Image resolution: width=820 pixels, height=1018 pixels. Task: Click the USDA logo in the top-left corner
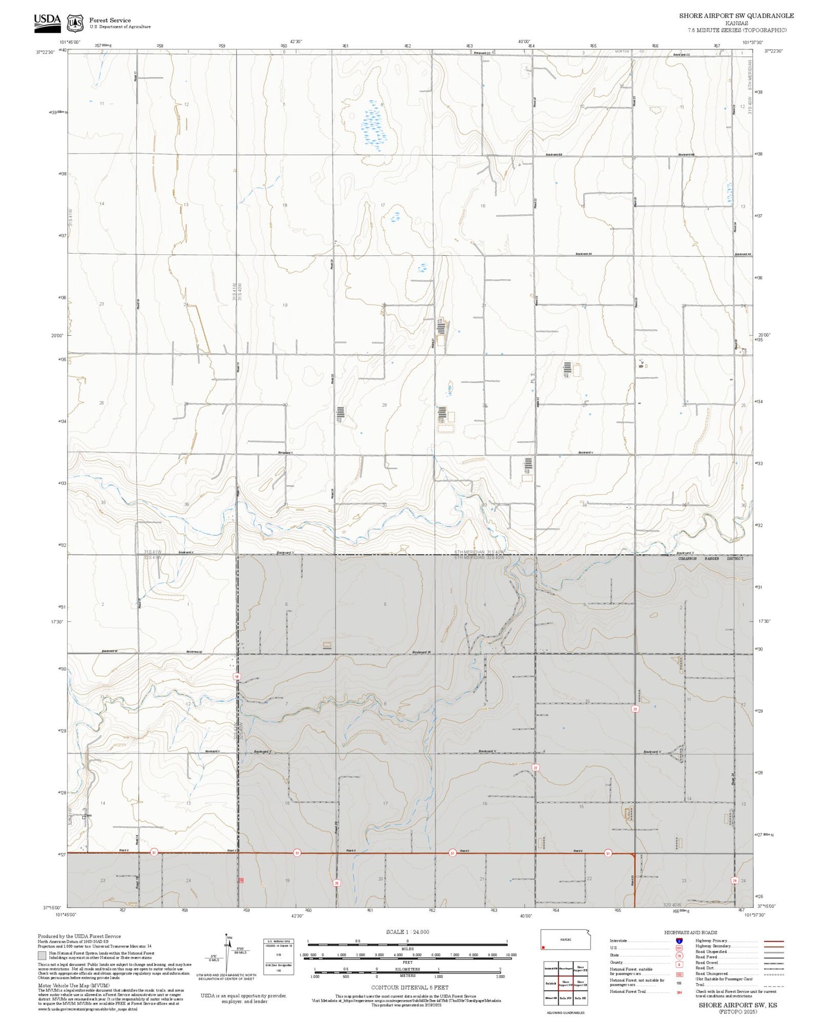pyautogui.click(x=47, y=22)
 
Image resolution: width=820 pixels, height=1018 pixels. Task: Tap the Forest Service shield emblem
pyautogui.click(x=75, y=24)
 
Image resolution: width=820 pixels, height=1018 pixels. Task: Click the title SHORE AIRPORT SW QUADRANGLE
pyautogui.click(x=736, y=16)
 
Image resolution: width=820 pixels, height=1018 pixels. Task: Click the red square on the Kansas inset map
pyautogui.click(x=543, y=947)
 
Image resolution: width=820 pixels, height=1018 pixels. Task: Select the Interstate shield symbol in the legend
pyautogui.click(x=679, y=941)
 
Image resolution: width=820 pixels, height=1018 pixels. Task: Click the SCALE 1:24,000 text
pyautogui.click(x=407, y=932)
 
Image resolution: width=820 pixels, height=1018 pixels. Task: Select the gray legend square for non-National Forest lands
pyautogui.click(x=42, y=956)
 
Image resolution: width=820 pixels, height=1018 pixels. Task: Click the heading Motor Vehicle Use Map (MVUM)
pyautogui.click(x=60, y=985)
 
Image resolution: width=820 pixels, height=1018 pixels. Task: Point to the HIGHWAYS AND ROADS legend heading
pyautogui.click(x=690, y=932)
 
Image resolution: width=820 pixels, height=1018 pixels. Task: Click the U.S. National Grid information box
pyautogui.click(x=278, y=955)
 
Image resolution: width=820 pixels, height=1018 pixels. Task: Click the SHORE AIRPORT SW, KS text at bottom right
pyautogui.click(x=737, y=1005)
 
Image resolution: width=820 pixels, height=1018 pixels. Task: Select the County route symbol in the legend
pyautogui.click(x=679, y=964)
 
